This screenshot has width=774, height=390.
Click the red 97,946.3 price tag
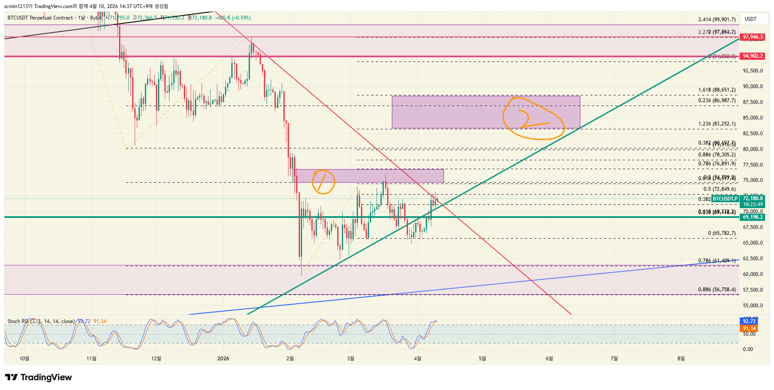pos(752,37)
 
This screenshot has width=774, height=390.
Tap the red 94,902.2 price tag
pos(752,56)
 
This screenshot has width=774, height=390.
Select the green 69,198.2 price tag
pos(752,217)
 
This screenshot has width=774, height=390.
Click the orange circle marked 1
pos(323,182)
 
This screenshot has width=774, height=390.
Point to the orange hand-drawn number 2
pos(525,119)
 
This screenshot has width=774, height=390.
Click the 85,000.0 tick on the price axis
pos(752,118)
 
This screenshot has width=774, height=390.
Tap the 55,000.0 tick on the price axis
pos(752,306)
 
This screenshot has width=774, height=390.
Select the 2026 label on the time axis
pos(223,359)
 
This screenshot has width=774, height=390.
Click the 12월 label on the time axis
pos(156,359)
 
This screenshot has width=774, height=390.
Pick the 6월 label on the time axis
pos(549,359)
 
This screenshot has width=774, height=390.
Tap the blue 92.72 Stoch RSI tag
pos(749,321)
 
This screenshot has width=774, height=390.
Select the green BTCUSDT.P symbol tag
pos(724,199)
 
